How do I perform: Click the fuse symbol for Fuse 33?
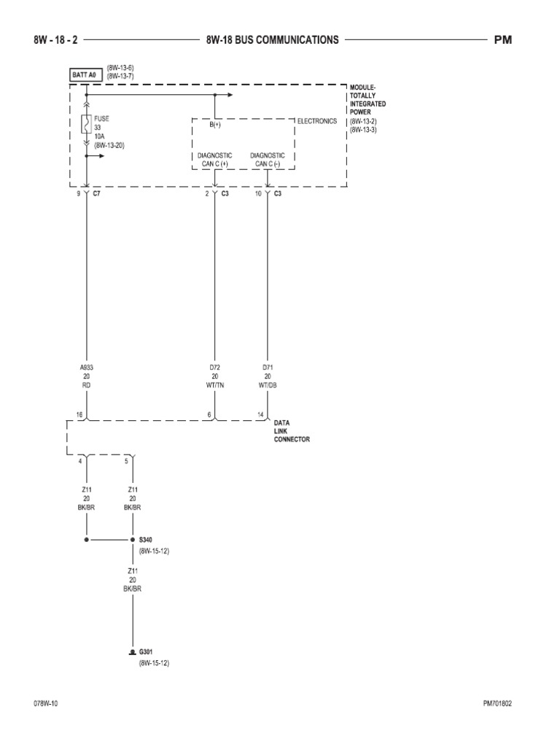coord(87,124)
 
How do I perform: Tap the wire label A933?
coord(87,368)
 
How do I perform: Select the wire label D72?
coord(214,368)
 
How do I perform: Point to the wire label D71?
coord(268,368)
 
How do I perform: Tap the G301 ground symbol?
coord(132,651)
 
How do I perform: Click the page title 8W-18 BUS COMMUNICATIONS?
coord(273,40)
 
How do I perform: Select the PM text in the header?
coord(503,40)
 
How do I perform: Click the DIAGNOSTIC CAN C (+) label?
coord(214,160)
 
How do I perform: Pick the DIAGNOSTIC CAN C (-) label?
coord(268,160)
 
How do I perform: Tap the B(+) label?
coord(216,125)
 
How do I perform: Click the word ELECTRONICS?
coord(316,121)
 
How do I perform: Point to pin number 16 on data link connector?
coord(79,414)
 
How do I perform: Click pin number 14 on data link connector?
coord(260,414)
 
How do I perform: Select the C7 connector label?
coord(96,194)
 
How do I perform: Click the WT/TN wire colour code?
coord(214,384)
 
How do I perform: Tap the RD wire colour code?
coord(87,384)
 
